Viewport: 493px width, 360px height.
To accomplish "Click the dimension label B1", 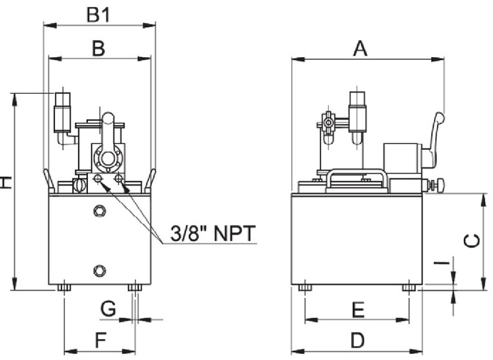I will tap(99, 14).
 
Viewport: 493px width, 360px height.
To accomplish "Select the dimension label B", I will tap(98, 49).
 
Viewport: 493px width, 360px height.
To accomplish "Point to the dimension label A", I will tap(360, 48).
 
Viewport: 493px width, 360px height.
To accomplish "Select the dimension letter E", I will tap(357, 310).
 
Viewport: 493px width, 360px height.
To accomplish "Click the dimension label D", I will tap(357, 341).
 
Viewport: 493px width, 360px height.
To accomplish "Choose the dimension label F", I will tap(100, 341).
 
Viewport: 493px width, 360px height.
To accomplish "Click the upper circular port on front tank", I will tap(100, 210).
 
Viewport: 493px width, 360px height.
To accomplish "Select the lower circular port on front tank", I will tap(100, 270).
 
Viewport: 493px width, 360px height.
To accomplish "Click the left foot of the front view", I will tap(64, 288).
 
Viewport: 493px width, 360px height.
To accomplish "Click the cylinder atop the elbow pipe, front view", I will tap(63, 111).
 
